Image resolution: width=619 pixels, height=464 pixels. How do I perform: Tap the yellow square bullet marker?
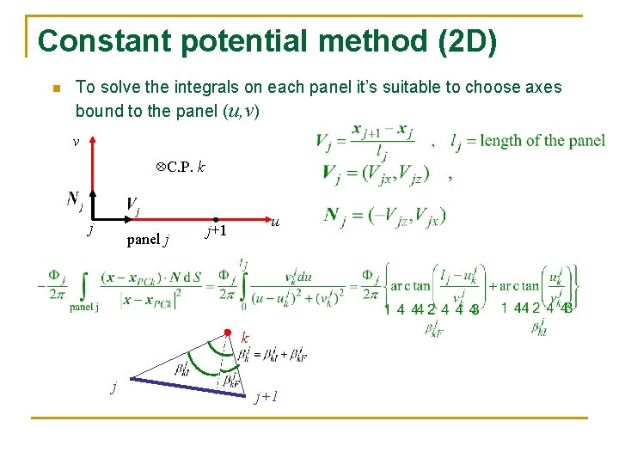pyautogui.click(x=56, y=89)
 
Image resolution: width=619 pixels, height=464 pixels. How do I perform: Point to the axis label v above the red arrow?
pyautogui.click(x=75, y=142)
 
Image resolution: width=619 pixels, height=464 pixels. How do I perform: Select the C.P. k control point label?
pyautogui.click(x=180, y=167)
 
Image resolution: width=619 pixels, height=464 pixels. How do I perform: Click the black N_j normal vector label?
pyautogui.click(x=74, y=200)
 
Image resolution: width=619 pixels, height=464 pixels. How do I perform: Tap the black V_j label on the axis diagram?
pyautogui.click(x=133, y=206)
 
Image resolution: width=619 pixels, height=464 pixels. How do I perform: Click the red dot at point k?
pyautogui.click(x=228, y=333)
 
